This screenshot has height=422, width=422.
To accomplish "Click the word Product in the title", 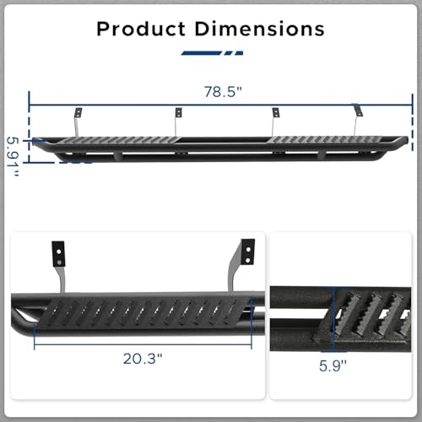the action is [141, 29].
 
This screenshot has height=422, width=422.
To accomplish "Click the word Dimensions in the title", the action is [259, 29].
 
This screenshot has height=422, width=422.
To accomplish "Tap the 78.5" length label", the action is [223, 92].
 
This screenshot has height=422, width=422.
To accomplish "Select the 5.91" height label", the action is [13, 156].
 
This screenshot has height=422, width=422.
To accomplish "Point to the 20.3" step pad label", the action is [143, 359].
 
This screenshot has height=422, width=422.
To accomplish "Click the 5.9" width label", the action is [333, 365].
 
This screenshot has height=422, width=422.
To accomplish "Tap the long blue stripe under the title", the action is [202, 53].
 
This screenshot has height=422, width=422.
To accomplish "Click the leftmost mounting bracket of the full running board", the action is [78, 121].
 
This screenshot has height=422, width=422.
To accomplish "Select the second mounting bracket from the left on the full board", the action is [178, 121].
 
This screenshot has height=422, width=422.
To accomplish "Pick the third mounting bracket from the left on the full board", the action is [275, 121].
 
